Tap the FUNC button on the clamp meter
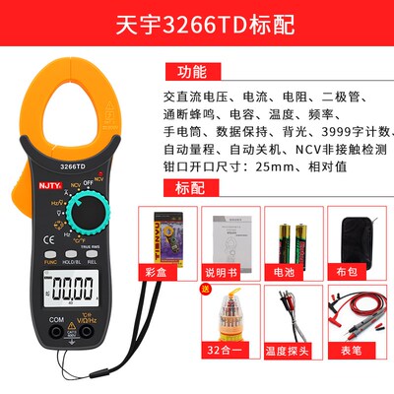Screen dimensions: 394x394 pos(50,263)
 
